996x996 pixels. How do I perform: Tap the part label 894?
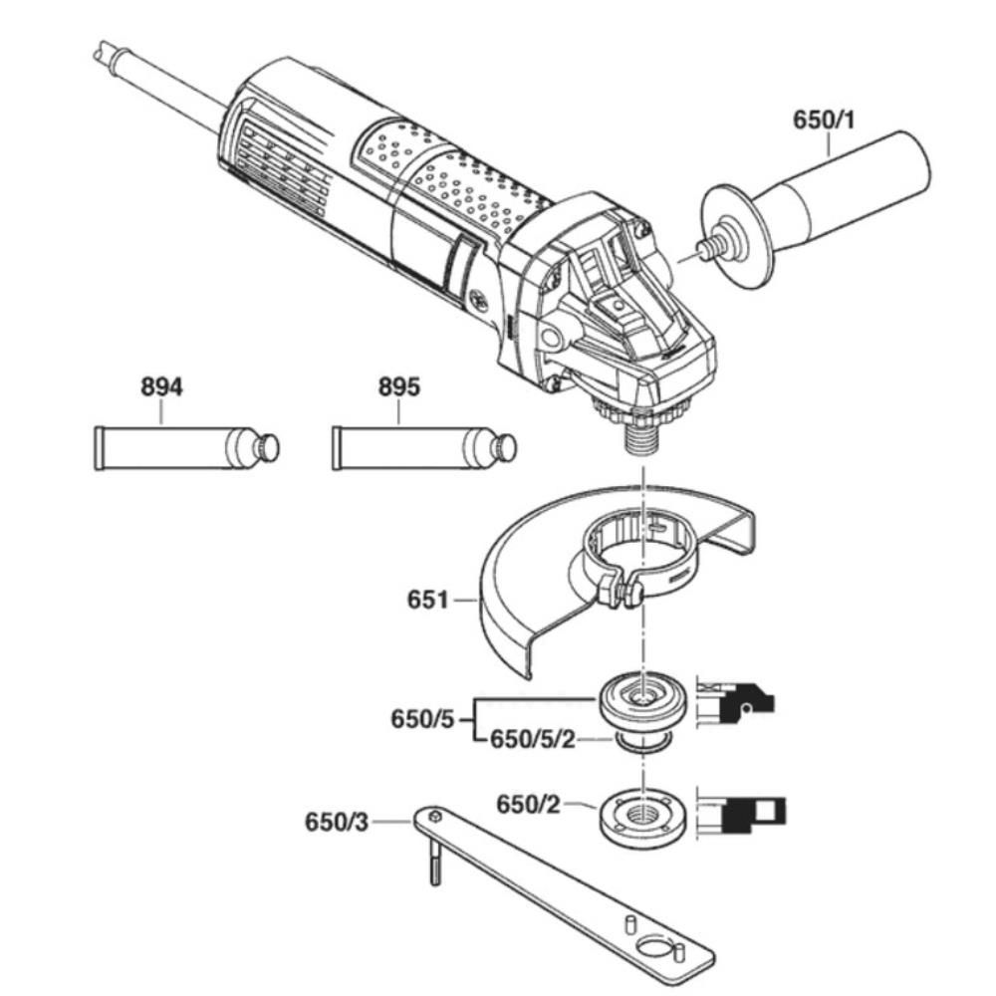[x=160, y=387]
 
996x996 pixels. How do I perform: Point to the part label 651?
[x=428, y=601]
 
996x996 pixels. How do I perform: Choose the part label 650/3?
[x=340, y=823]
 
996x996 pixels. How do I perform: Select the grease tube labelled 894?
[x=179, y=448]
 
